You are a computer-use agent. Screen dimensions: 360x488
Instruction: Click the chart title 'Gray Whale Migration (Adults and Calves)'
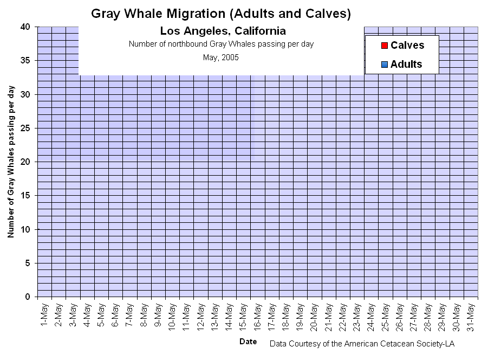click(220, 14)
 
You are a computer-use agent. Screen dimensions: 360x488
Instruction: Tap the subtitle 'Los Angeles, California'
click(223, 31)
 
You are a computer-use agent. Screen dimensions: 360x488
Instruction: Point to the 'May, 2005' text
click(220, 57)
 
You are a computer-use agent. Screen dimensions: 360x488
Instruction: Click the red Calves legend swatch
click(384, 46)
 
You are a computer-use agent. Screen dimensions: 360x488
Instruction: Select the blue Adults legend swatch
click(384, 65)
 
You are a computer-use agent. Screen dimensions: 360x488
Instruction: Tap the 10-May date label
click(172, 317)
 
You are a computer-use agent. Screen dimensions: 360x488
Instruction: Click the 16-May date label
click(257, 317)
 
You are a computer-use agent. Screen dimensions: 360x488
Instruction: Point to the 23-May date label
click(356, 317)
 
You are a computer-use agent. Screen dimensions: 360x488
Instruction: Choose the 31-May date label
click(470, 317)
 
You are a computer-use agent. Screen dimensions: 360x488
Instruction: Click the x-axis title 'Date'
click(248, 342)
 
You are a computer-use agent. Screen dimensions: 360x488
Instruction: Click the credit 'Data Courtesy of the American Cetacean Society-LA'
click(362, 344)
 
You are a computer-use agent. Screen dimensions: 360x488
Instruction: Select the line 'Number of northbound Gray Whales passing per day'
click(221, 44)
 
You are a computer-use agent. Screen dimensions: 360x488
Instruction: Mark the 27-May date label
click(413, 317)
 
